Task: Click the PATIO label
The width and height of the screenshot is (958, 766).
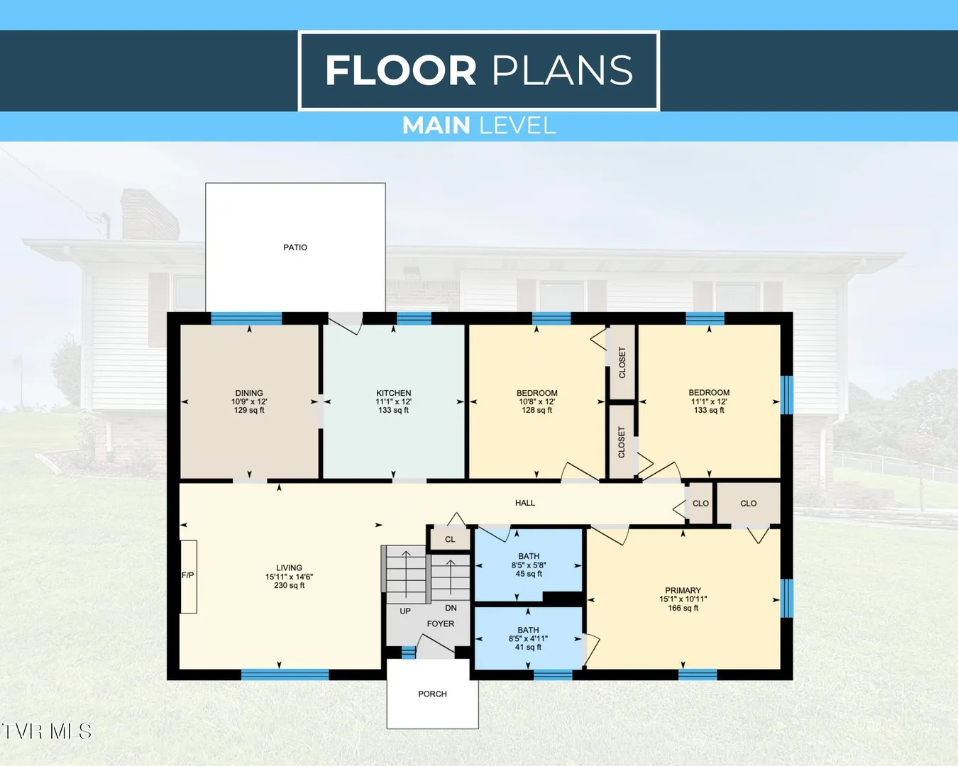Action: [x=295, y=248]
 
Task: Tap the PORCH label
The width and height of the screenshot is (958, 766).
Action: [x=432, y=694]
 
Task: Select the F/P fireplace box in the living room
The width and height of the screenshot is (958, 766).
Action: [x=188, y=577]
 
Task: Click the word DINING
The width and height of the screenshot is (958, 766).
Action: [x=249, y=393]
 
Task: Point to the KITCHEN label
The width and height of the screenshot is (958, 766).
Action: [x=394, y=393]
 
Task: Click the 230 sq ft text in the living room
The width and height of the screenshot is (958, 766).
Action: [x=290, y=586]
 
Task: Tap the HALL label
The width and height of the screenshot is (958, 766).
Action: [x=525, y=503]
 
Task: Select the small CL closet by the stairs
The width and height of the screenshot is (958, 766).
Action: [x=450, y=539]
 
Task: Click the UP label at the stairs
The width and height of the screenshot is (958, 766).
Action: [x=405, y=611]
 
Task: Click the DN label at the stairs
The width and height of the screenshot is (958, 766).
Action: [x=451, y=608]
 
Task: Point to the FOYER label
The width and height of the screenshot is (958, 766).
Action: [x=441, y=624]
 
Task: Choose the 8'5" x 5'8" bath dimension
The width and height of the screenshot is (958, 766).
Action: [x=529, y=565]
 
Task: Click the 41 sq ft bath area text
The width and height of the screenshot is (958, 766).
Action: [x=529, y=647]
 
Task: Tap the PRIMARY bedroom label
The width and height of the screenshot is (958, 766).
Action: [x=683, y=591]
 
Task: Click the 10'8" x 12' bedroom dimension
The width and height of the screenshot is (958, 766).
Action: [x=537, y=401]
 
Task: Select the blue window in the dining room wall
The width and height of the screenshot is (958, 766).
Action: [x=246, y=318]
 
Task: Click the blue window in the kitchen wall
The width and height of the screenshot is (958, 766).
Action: [x=414, y=318]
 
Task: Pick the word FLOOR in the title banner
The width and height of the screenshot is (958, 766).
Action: [x=401, y=70]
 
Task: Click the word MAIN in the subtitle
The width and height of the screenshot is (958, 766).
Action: [x=436, y=125]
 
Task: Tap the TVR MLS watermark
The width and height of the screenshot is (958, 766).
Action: [x=47, y=731]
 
